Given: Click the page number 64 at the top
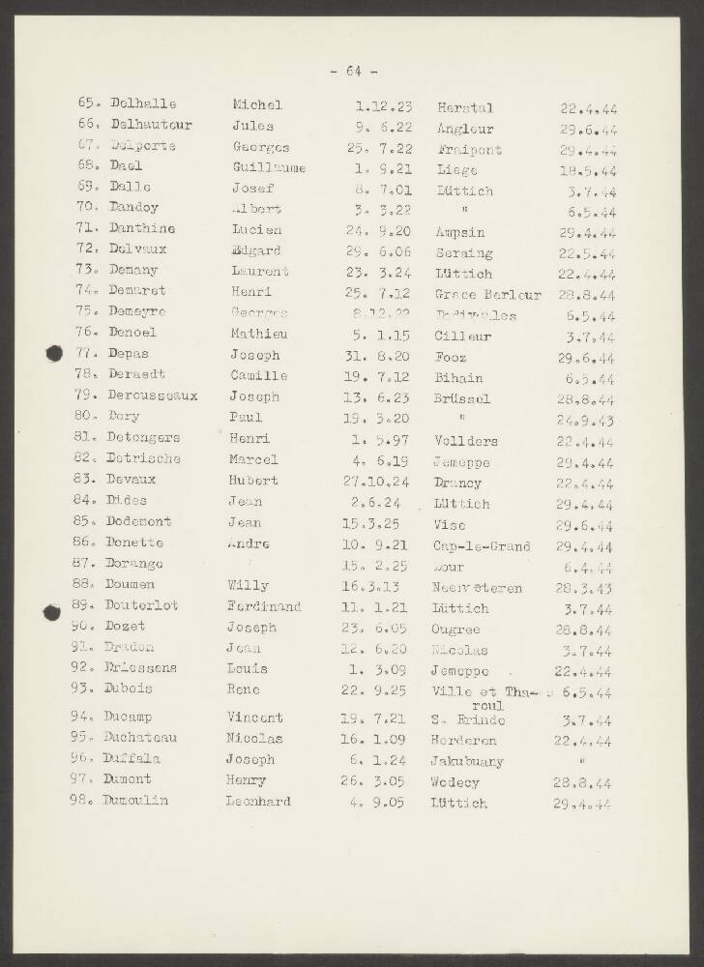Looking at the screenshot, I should pyautogui.click(x=353, y=72).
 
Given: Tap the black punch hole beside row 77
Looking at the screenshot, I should pyautogui.click(x=54, y=355).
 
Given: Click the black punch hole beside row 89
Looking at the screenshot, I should pyautogui.click(x=54, y=609).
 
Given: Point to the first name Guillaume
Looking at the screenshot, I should pyautogui.click(x=269, y=167).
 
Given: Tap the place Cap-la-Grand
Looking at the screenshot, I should pyautogui.click(x=483, y=545).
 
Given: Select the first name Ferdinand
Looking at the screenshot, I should pyautogui.click(x=264, y=607).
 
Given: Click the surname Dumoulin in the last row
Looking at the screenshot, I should pyautogui.click(x=136, y=801).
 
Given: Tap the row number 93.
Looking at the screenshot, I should pyautogui.click(x=82, y=689).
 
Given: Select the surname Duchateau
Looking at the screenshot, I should pyautogui.click(x=141, y=738).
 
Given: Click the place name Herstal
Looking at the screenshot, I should pyautogui.click(x=465, y=107).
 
